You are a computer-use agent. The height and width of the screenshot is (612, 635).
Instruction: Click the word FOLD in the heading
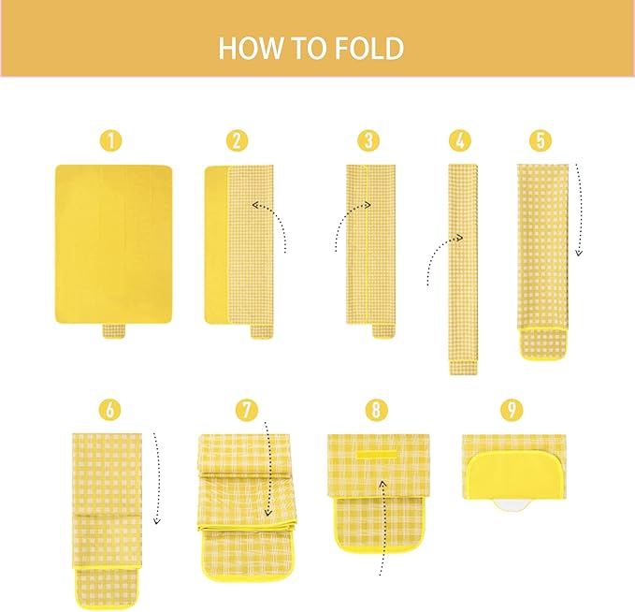pos(369,49)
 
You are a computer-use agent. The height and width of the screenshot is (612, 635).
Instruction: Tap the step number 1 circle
pos(111,140)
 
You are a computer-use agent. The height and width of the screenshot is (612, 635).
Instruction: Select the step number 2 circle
pos(238,140)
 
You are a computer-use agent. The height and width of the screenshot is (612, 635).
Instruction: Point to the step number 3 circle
pos(368,140)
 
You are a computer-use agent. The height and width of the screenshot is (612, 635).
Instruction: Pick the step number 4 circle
pos(460,140)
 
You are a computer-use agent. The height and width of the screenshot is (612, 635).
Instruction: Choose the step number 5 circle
pos(541,140)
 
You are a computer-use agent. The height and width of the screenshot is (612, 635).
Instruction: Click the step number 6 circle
pos(110,409)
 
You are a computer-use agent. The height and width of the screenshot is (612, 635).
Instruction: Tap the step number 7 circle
pos(247,409)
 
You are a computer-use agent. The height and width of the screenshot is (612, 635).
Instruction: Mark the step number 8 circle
pos(377,409)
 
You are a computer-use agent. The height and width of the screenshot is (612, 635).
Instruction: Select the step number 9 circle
pos(512,409)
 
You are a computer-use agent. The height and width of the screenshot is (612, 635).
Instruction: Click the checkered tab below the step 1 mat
pos(114,330)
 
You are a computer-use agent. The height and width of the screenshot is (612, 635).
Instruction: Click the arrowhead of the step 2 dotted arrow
pos(256,205)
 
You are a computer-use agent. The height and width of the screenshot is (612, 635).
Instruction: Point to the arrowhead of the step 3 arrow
pos(367,205)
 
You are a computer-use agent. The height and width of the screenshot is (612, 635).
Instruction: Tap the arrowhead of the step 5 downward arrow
pos(579,253)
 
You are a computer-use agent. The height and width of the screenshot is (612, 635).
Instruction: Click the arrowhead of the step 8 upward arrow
pos(382,483)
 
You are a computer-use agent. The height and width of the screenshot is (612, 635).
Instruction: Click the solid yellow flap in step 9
pos(515,477)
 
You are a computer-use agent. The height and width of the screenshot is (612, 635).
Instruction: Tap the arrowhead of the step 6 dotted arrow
pos(157,520)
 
